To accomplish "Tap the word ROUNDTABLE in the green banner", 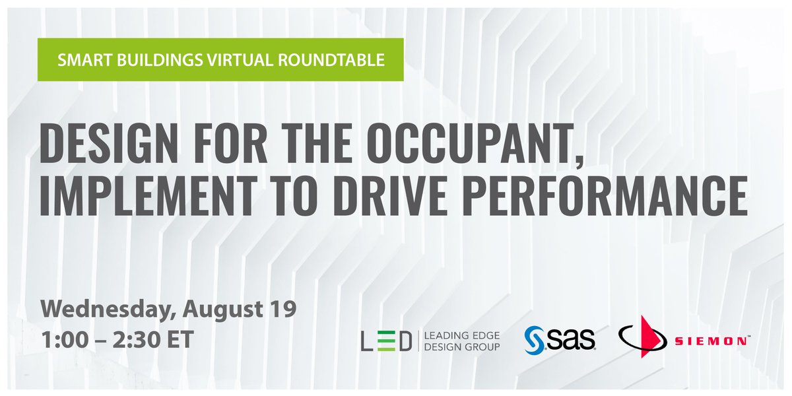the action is (331, 60).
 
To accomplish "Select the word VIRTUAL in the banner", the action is (240, 60).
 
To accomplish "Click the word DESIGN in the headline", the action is (108, 143).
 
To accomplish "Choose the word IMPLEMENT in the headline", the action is (148, 195).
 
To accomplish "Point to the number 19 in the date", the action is (282, 309).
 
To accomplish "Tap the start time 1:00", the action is (65, 340).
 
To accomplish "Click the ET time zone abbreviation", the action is (180, 340).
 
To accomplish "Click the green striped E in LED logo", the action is (386, 341).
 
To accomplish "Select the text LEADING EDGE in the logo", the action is (462, 335).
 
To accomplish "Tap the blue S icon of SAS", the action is (533, 340).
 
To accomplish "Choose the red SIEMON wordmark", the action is (711, 341).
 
